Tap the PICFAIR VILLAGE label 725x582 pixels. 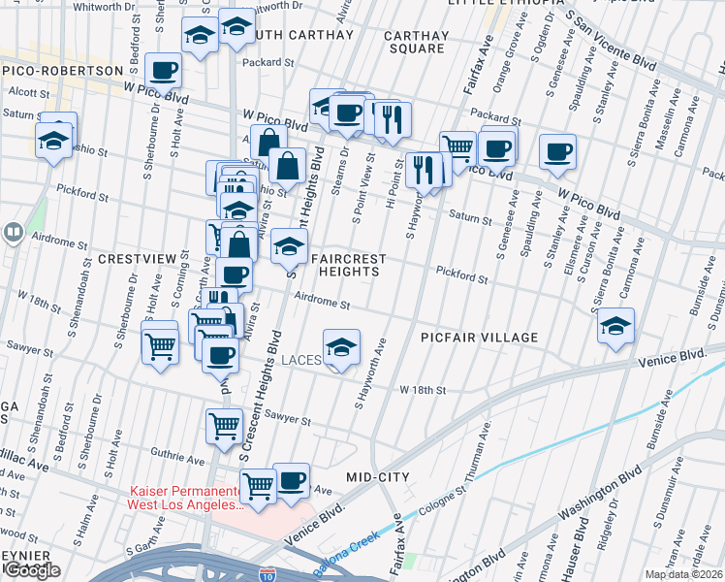[x=479, y=338]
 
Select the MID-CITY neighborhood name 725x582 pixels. [x=378, y=477]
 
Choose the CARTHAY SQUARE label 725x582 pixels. [x=416, y=42]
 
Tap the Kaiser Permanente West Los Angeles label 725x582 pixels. [x=184, y=499]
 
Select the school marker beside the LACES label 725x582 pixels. [x=341, y=348]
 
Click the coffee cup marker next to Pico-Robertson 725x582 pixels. [x=163, y=70]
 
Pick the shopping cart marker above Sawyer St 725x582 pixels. [x=224, y=425]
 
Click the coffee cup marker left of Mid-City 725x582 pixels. [x=291, y=482]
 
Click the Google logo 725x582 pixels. [x=31, y=570]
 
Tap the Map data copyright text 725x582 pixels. [x=683, y=574]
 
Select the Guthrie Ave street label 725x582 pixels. [x=175, y=452]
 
